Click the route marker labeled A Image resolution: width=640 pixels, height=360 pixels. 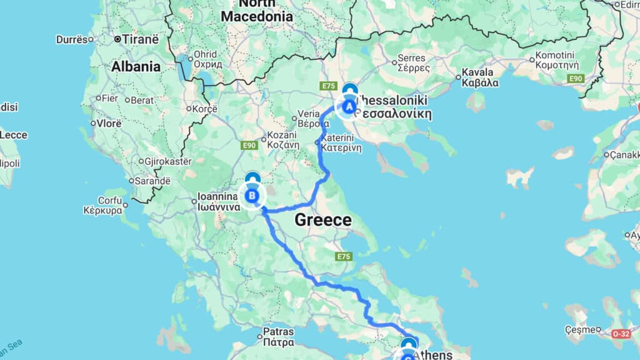(347, 107)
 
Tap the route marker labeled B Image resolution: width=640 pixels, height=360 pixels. (252, 196)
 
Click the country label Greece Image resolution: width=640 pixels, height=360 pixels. (322, 220)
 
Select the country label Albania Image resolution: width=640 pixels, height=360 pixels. (136, 67)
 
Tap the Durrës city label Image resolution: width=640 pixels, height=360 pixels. (72, 39)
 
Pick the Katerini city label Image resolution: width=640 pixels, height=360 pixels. (341, 143)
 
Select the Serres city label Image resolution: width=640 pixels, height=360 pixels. (414, 63)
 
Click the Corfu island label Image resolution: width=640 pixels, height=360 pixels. (102, 206)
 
